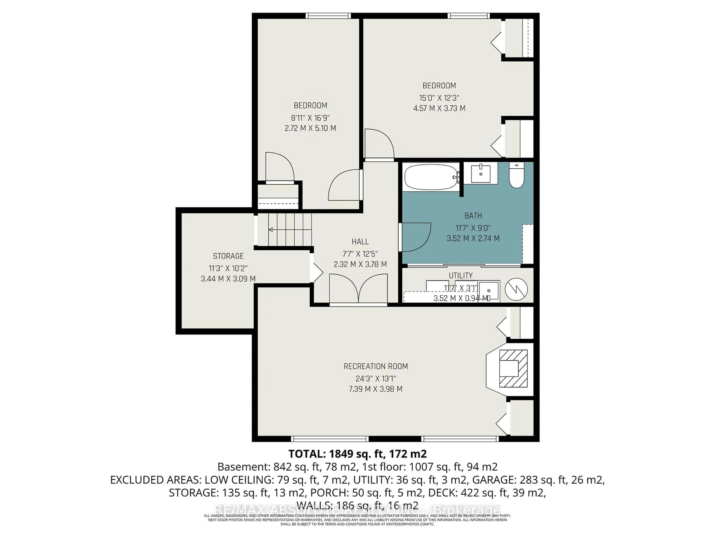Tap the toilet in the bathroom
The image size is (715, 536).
[x=516, y=176]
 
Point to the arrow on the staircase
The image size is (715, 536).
[x=271, y=229]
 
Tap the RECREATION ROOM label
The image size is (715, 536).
[x=376, y=366]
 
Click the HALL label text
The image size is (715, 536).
[x=360, y=242]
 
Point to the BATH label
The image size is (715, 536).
[x=473, y=216]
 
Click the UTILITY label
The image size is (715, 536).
[x=461, y=276]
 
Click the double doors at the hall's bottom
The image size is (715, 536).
[x=358, y=289]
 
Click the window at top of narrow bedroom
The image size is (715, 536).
[x=328, y=15]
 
